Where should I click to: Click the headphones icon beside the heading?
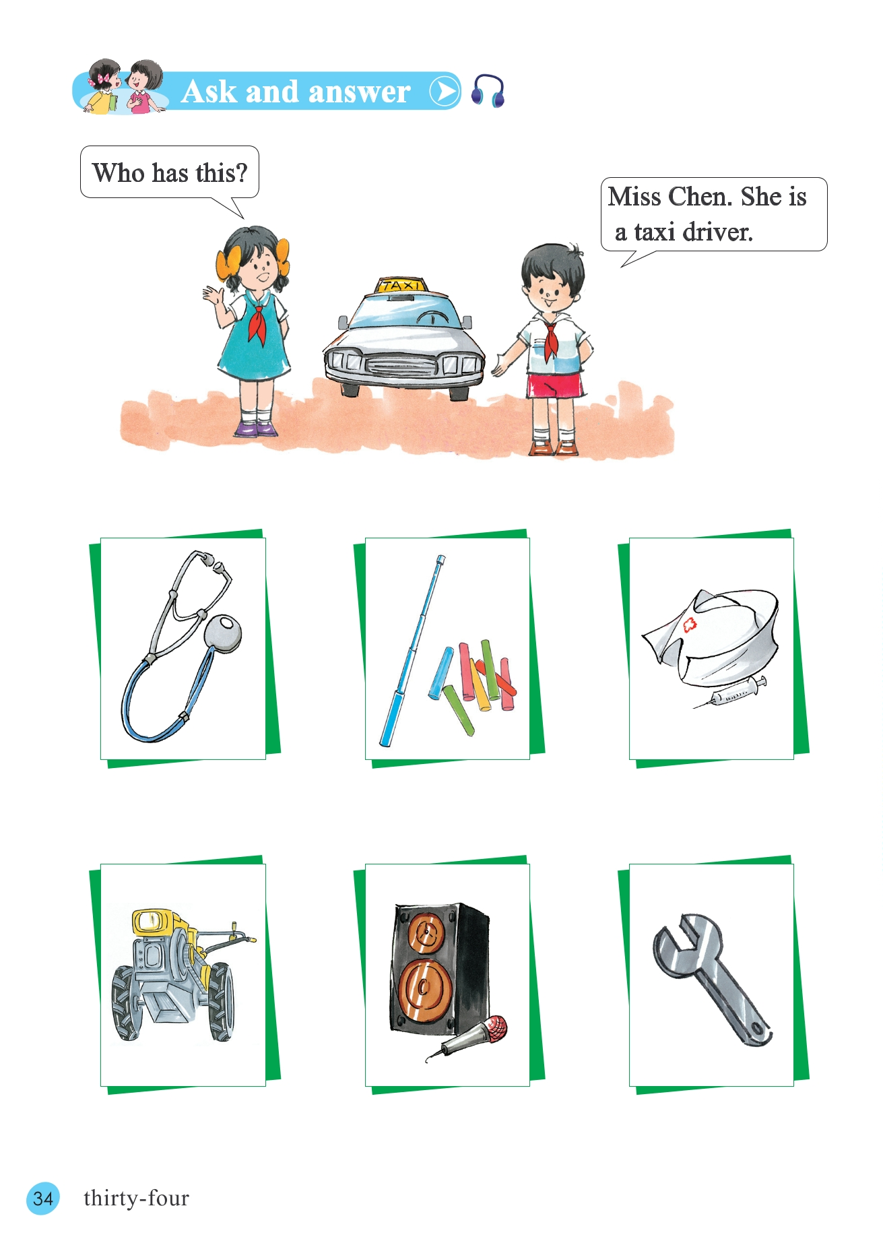tap(488, 91)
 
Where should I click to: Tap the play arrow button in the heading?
tap(445, 91)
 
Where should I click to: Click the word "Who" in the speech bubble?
tap(119, 173)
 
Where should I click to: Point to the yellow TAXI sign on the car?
tap(401, 284)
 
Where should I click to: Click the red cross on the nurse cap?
tap(688, 625)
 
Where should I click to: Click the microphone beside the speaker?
tap(467, 1038)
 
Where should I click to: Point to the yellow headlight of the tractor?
tap(153, 920)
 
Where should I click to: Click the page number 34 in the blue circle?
tap(43, 1198)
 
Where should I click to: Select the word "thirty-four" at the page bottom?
tap(136, 1198)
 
